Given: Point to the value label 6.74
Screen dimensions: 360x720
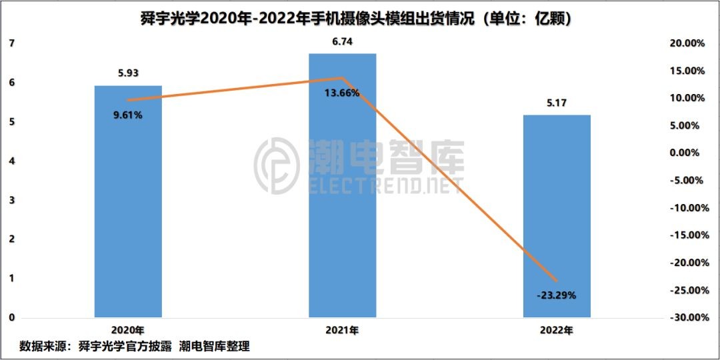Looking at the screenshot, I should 342,42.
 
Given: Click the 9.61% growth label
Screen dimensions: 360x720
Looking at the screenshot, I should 127,115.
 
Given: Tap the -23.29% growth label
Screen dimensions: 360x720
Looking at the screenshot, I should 557,293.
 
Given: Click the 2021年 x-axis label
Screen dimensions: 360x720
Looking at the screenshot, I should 342,330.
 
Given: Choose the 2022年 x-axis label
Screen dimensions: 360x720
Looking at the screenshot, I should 557,330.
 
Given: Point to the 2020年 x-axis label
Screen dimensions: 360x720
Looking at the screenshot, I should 127,330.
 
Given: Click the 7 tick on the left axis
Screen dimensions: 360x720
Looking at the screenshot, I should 11,43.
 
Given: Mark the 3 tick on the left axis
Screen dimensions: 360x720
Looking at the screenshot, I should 11,200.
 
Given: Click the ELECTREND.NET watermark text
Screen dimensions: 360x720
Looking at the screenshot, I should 385,186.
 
